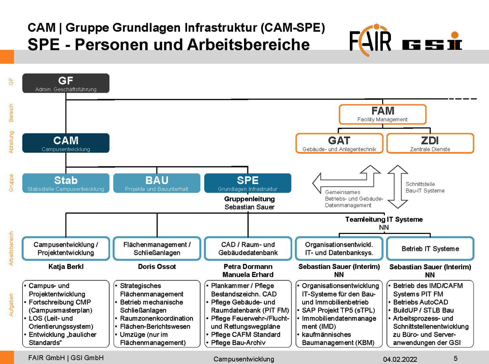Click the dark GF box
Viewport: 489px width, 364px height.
click(66, 83)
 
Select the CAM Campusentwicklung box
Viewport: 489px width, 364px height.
click(66, 143)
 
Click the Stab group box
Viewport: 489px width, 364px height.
click(66, 183)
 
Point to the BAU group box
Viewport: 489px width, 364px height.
click(157, 183)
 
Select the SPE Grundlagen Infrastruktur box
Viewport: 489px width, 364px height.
click(248, 183)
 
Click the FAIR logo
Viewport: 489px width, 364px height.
click(370, 40)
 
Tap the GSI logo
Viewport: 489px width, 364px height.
click(432, 42)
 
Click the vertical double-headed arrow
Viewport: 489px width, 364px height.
click(398, 187)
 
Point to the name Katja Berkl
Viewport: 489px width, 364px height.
click(66, 267)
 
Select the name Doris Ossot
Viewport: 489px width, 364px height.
click(157, 267)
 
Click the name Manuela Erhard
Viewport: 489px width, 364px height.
click(248, 275)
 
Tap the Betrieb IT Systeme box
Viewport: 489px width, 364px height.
click(430, 249)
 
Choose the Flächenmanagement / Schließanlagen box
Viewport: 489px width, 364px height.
click(157, 249)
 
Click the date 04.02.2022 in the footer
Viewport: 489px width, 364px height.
click(400, 359)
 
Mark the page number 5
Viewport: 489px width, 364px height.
click(455, 358)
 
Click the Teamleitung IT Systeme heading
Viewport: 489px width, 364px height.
click(384, 219)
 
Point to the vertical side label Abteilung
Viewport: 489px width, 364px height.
click(11, 142)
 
